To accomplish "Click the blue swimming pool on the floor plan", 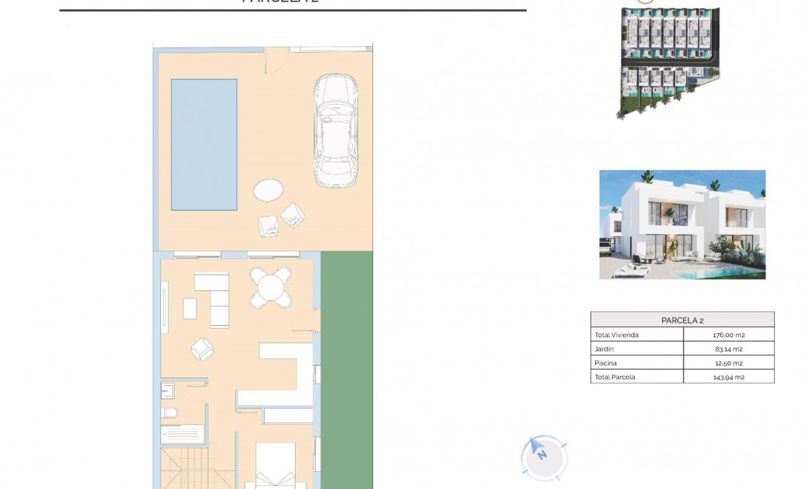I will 204,144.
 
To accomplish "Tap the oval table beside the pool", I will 268,190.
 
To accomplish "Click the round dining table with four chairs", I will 271,287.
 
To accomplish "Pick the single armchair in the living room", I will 202,348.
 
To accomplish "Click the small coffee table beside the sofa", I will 190,308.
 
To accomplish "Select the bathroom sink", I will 167,390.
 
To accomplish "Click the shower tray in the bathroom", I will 181,434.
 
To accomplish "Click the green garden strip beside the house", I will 346,369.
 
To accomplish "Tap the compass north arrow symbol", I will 541,453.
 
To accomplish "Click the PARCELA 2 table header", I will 682,320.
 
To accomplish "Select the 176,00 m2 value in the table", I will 728,335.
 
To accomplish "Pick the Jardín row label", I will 604,349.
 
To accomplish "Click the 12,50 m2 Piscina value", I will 728,363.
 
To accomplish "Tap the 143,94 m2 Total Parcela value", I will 728,377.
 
